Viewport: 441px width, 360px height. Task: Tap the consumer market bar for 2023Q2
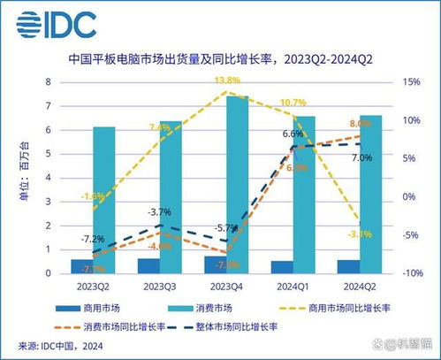point(104,200)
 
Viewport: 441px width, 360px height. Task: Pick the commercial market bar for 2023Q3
point(148,265)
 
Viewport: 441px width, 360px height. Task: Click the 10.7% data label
point(293,103)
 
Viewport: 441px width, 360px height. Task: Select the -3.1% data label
point(360,234)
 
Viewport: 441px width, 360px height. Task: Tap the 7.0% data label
point(361,157)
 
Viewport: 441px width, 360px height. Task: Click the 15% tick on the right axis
point(410,82)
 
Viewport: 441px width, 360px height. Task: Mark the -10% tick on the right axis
point(410,273)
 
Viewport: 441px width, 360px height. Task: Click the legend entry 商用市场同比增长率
point(350,307)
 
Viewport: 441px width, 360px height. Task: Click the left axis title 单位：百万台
point(25,177)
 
